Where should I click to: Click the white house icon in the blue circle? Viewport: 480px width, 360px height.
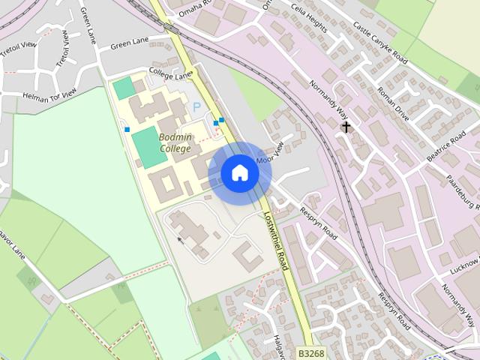[240, 172]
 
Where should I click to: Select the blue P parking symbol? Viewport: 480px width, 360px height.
[197, 108]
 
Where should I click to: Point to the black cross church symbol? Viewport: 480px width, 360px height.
[346, 127]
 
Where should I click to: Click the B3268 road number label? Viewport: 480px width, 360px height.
[311, 352]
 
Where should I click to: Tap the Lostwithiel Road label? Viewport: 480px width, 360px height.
[276, 240]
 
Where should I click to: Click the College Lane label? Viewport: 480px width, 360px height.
[170, 73]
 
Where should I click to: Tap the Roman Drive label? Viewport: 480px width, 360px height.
[393, 104]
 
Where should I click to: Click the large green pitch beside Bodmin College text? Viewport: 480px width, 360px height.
[149, 147]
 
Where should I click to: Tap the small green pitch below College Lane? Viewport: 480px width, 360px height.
[123, 88]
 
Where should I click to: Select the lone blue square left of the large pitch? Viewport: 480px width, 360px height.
[127, 130]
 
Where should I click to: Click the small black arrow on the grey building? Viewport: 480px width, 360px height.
[179, 240]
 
